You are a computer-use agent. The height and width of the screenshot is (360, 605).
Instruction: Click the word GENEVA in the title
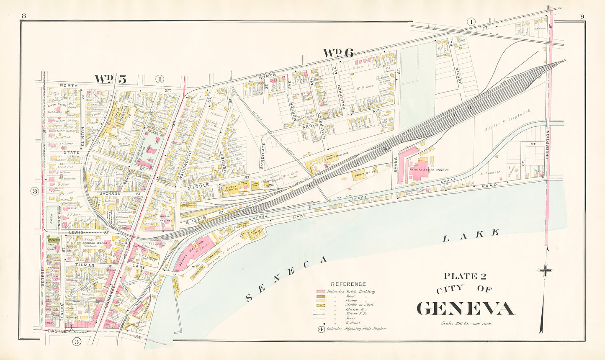pyautogui.click(x=465, y=309)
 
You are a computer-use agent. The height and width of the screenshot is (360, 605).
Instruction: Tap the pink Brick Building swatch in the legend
pyautogui.click(x=321, y=291)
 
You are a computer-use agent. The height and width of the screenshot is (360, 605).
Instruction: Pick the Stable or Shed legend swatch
pyautogui.click(x=321, y=305)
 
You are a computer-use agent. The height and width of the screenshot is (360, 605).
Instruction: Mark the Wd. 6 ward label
pyautogui.click(x=338, y=53)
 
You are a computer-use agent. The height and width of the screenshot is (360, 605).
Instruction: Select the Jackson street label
pyautogui.click(x=110, y=194)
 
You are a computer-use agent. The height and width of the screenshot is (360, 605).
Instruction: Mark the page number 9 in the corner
pyautogui.click(x=582, y=16)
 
